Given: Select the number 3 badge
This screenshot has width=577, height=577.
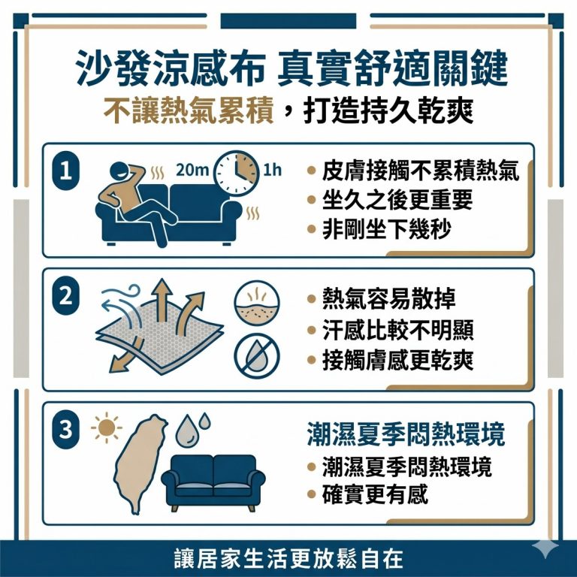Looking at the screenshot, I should (66, 429).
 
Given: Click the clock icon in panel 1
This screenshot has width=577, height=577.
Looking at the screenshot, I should (235, 172).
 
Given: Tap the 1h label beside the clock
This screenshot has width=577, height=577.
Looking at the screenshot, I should (272, 170).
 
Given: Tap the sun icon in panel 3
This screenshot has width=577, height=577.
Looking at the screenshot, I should (105, 430).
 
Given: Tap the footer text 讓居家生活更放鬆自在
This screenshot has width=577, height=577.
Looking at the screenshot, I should (288, 559).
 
